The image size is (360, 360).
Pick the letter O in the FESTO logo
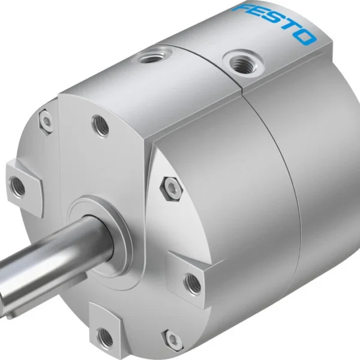305,37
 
